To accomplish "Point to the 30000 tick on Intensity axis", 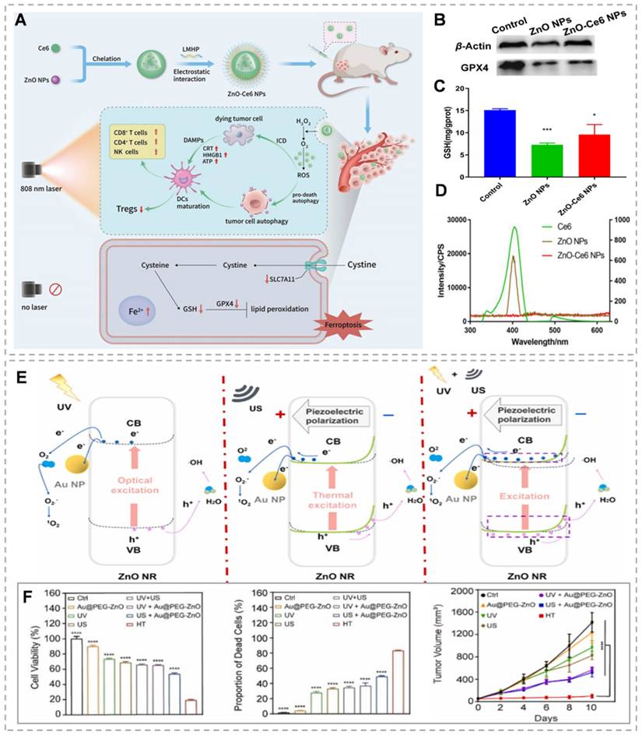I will (449, 220).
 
